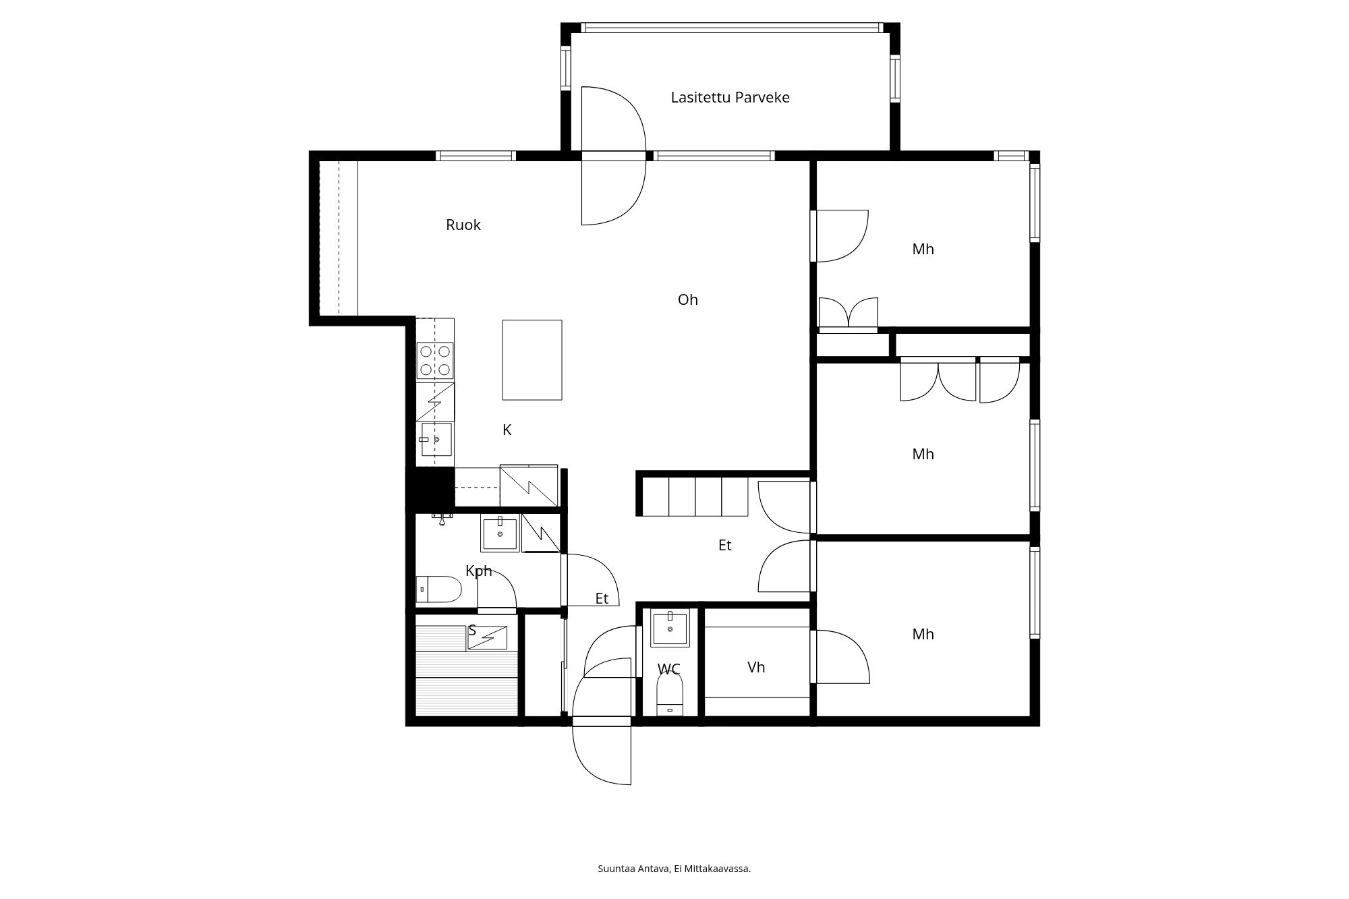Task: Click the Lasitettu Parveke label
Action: pyautogui.click(x=730, y=97)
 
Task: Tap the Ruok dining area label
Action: pyautogui.click(x=463, y=225)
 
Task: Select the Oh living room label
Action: pyautogui.click(x=687, y=299)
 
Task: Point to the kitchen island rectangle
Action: pyautogui.click(x=532, y=359)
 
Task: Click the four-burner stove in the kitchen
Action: pyautogui.click(x=435, y=360)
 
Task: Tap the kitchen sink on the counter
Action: pyautogui.click(x=436, y=439)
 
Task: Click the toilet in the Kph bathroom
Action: pyautogui.click(x=438, y=589)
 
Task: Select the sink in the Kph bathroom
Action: pyautogui.click(x=500, y=533)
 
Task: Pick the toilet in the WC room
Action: pyautogui.click(x=670, y=695)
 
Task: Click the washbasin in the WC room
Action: pyautogui.click(x=670, y=629)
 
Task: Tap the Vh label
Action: pyautogui.click(x=756, y=667)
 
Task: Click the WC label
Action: pyautogui.click(x=668, y=669)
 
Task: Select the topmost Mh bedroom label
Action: pyautogui.click(x=923, y=249)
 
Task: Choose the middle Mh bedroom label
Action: pyautogui.click(x=923, y=454)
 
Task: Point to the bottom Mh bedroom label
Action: pyautogui.click(x=923, y=634)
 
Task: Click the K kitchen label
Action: pyautogui.click(x=507, y=430)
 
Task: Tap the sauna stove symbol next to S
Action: pyautogui.click(x=488, y=638)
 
